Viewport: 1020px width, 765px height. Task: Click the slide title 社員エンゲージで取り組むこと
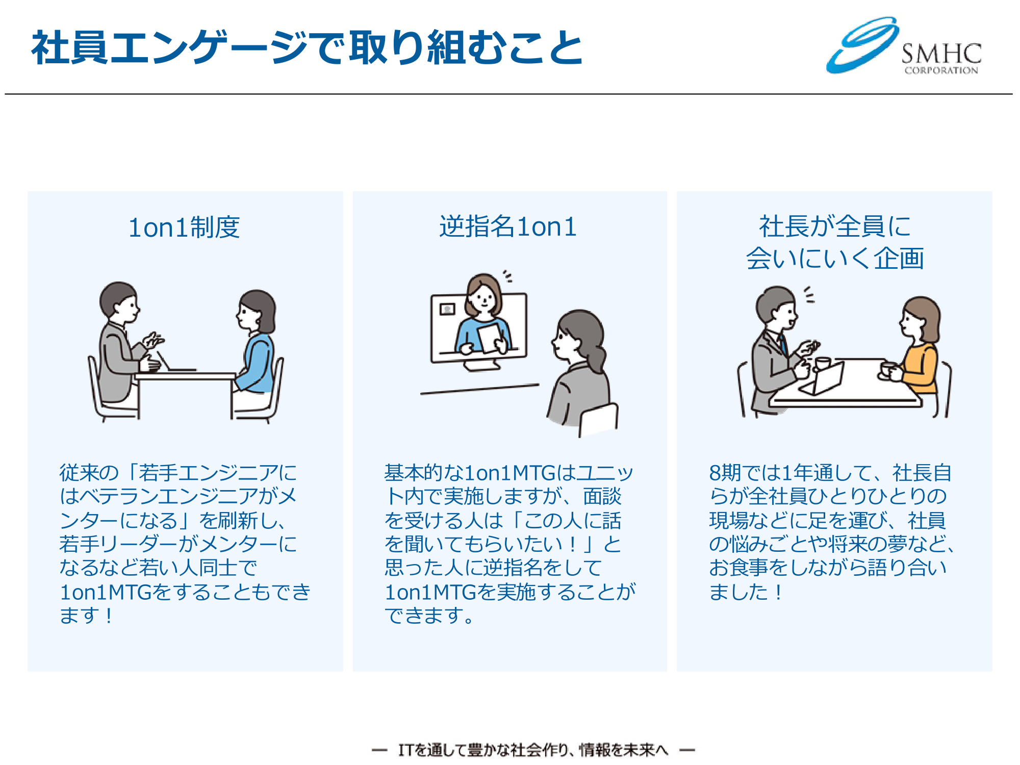pyautogui.click(x=307, y=47)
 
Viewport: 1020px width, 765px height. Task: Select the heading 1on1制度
pyautogui.click(x=184, y=227)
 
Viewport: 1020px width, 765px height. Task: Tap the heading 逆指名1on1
pyautogui.click(x=508, y=226)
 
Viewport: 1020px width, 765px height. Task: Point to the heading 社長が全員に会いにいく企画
pyautogui.click(x=835, y=242)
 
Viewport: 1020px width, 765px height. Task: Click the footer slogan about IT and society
pyautogui.click(x=533, y=750)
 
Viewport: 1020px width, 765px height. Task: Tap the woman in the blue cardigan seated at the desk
pyautogui.click(x=255, y=352)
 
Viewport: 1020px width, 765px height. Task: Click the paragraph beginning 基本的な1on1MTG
pyautogui.click(x=509, y=544)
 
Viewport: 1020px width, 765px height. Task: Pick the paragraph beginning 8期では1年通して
pyautogui.click(x=831, y=532)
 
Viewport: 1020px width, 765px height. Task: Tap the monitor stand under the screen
pyautogui.click(x=481, y=366)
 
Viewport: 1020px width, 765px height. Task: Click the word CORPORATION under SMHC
pyautogui.click(x=941, y=70)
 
